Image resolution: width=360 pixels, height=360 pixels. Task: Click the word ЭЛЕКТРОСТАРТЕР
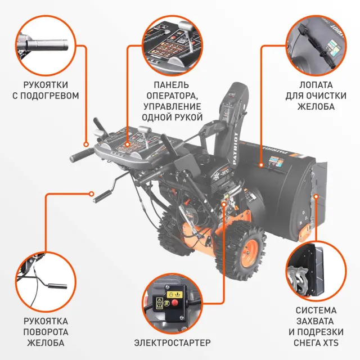[172, 343]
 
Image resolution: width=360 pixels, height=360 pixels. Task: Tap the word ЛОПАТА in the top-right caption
[316, 85]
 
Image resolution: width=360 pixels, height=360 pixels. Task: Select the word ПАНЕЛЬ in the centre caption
[172, 85]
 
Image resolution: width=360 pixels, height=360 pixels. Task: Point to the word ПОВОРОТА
[46, 332]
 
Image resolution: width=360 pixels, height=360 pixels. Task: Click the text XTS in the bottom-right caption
[331, 343]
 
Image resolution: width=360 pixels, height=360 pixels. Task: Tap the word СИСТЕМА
[316, 310]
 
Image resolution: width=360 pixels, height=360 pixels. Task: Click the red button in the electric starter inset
[175, 303]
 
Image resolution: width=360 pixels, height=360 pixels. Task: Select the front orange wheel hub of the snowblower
[250, 253]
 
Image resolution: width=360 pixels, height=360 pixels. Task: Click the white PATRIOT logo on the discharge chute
[236, 148]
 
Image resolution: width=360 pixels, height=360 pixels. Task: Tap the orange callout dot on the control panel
[128, 145]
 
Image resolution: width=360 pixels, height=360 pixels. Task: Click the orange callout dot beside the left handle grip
[86, 145]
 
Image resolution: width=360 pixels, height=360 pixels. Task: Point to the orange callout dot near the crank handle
[92, 194]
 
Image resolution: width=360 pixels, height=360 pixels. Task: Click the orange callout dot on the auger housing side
[316, 196]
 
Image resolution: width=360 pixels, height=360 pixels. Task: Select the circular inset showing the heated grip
[46, 46]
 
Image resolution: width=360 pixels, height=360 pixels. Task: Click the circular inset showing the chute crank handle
[46, 282]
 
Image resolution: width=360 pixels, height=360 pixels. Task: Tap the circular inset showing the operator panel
[172, 46]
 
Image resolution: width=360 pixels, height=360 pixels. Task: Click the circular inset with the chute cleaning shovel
[316, 46]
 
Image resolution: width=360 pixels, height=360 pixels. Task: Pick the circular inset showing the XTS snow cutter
[316, 271]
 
